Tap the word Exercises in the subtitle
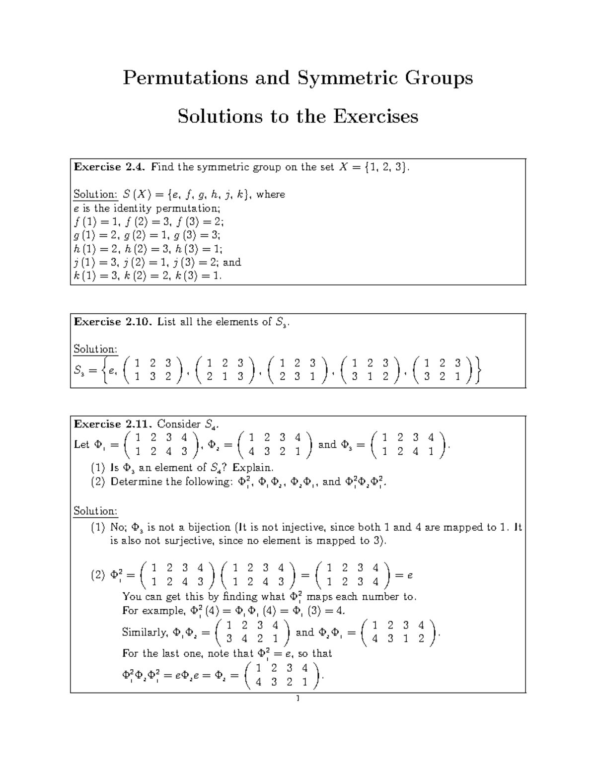[x=375, y=117]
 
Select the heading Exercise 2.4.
[x=110, y=167]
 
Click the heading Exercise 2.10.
[x=112, y=322]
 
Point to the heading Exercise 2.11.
[x=112, y=424]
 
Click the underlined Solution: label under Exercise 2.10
[x=95, y=350]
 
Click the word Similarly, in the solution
[x=146, y=632]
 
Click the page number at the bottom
[x=298, y=699]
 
